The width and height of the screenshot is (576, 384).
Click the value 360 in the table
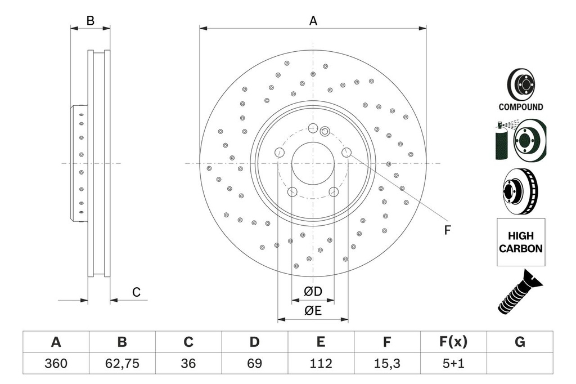(56, 364)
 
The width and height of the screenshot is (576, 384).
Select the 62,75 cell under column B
(122, 364)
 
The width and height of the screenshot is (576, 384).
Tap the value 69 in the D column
(255, 364)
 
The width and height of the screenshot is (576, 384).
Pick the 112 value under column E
(321, 364)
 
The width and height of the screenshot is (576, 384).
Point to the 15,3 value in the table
(387, 364)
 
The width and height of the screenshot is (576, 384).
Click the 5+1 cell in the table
(453, 364)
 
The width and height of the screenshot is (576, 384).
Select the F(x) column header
(453, 342)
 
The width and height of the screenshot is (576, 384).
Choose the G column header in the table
(520, 342)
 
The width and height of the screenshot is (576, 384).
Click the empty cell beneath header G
(520, 364)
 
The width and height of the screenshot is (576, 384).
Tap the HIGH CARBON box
(520, 242)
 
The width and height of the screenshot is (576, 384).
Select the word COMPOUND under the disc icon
(520, 107)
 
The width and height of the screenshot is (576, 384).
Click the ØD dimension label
(313, 292)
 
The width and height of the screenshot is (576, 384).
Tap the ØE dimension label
(313, 311)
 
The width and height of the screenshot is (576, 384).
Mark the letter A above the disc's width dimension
(313, 21)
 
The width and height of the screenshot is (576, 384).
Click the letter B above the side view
(90, 21)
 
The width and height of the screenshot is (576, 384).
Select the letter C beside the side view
(136, 292)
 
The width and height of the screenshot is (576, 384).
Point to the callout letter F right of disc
(448, 230)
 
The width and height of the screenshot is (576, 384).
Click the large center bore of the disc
(313, 163)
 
